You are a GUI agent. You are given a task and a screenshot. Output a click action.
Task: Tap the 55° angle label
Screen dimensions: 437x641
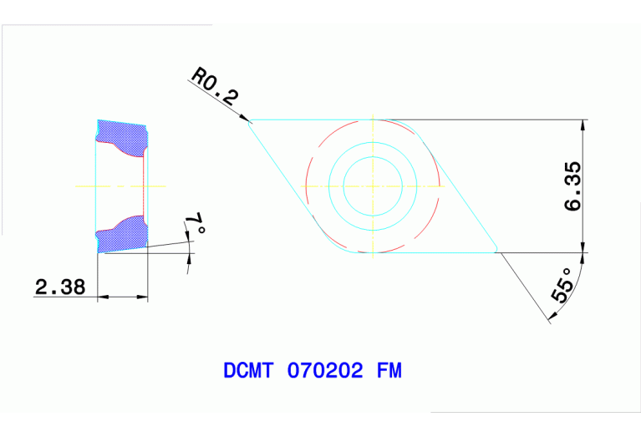coord(562,285)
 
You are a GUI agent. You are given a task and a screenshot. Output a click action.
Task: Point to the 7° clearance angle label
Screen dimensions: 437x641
coord(194,223)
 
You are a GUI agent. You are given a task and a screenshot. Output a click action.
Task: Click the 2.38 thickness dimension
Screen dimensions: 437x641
coord(59,287)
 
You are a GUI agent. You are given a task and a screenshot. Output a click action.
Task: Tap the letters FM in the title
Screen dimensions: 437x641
coord(388,370)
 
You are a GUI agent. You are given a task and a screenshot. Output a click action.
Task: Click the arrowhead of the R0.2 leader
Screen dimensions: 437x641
coord(247,124)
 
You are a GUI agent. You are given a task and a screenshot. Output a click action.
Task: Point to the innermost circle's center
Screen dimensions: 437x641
coord(372,185)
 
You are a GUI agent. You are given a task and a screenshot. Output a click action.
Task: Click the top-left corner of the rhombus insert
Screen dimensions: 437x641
coord(251,121)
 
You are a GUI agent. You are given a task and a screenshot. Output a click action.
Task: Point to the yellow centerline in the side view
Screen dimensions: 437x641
coord(121,185)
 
